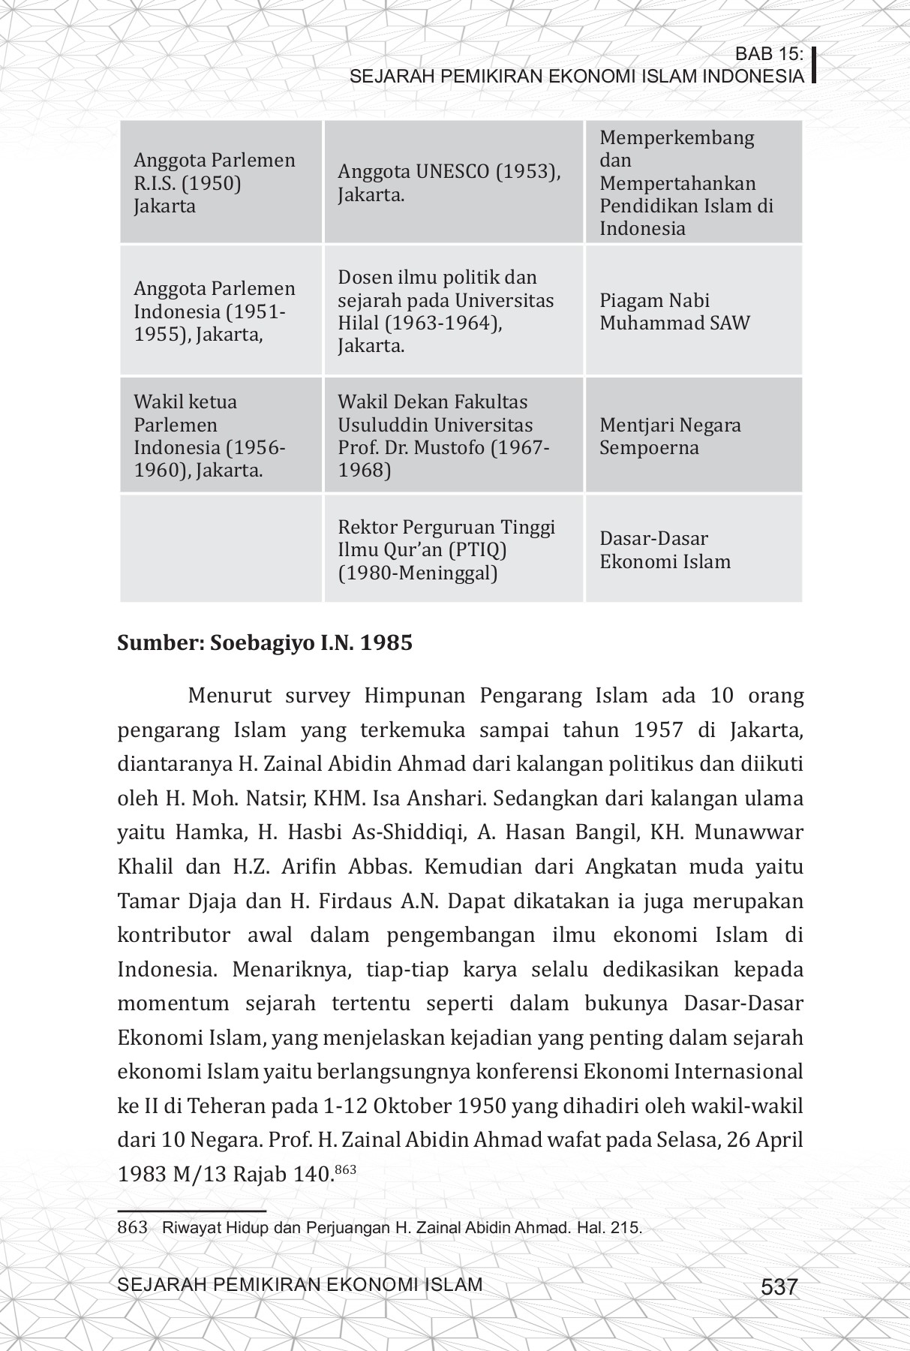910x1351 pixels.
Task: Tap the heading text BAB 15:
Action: click(x=769, y=54)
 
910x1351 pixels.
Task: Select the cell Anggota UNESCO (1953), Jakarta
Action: click(x=452, y=183)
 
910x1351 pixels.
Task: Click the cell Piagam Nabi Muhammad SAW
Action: click(x=692, y=311)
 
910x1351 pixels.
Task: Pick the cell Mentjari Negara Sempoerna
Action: click(x=692, y=436)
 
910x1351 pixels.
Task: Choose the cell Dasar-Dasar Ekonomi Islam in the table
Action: click(x=692, y=550)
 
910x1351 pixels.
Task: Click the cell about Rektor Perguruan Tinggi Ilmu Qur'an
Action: click(x=452, y=550)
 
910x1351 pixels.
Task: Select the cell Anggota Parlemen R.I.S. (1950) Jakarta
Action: click(x=221, y=183)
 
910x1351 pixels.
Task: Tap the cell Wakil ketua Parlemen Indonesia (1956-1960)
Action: click(x=221, y=436)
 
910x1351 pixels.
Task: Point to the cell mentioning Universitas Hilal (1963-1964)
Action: click(x=452, y=311)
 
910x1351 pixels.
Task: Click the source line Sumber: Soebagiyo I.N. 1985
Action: click(x=265, y=644)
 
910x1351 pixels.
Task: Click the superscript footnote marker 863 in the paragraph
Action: click(x=344, y=1169)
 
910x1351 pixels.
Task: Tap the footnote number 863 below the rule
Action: click(x=132, y=1229)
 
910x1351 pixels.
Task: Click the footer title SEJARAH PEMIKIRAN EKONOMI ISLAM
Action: click(x=300, y=1285)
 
